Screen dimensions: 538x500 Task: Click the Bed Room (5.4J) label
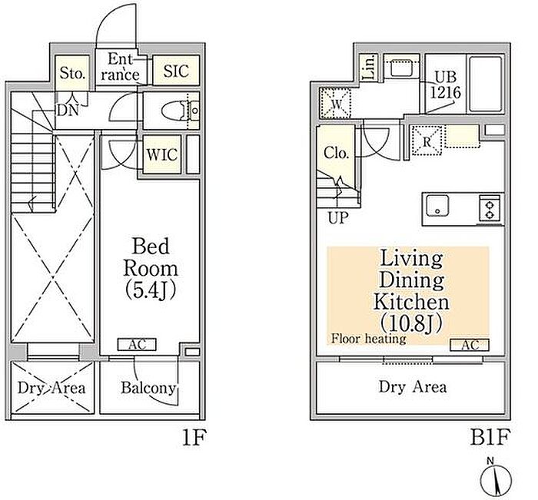pyautogui.click(x=155, y=269)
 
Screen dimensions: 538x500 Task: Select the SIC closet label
pyautogui.click(x=176, y=71)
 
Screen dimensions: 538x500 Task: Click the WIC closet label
pyautogui.click(x=161, y=154)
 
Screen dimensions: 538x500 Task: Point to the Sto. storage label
pyautogui.click(x=72, y=74)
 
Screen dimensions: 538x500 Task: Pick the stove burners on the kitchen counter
pyautogui.click(x=490, y=207)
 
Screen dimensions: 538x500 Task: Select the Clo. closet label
pyautogui.click(x=337, y=154)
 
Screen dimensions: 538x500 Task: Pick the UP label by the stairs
pyautogui.click(x=337, y=218)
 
